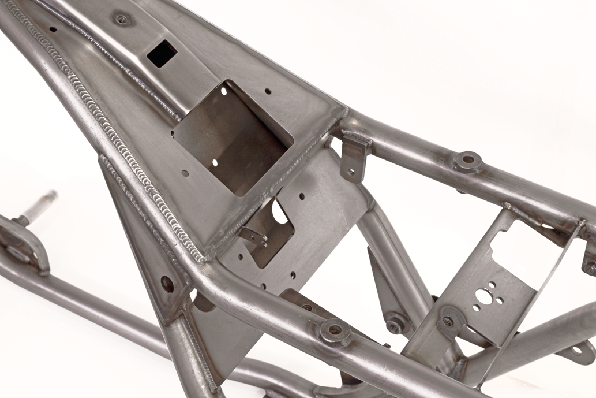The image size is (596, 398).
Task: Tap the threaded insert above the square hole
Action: pyautogui.click(x=121, y=19)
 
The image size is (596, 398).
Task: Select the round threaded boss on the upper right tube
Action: pyautogui.click(x=467, y=161)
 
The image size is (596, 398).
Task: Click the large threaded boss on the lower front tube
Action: pyautogui.click(x=335, y=331)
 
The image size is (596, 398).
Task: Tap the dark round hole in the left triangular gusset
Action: pyautogui.click(x=167, y=284)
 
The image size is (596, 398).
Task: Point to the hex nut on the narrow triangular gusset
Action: pyautogui.click(x=395, y=325)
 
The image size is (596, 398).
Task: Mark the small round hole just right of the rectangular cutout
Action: pyautogui.click(x=268, y=91)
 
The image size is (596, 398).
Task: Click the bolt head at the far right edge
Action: pyautogui.click(x=590, y=267)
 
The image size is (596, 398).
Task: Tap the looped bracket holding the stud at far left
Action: pyautogui.click(x=23, y=243)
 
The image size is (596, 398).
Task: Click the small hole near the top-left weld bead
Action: pyautogui.click(x=53, y=28)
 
